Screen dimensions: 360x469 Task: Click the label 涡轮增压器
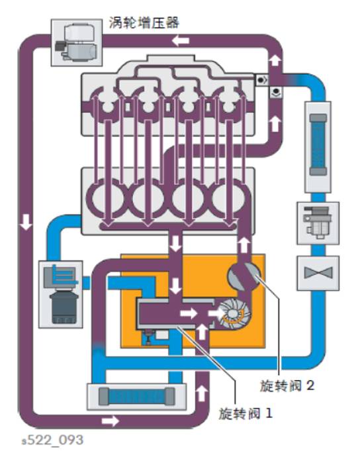pos(144,23)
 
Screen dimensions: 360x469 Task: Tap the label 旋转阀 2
pos(287,386)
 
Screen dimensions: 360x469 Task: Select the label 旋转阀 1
pos(246,413)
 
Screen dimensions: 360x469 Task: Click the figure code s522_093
pos(52,440)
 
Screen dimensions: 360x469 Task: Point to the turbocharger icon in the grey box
pos(77,43)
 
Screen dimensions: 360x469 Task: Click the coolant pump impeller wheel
pos(234,313)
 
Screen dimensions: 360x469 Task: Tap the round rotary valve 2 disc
pos(244,276)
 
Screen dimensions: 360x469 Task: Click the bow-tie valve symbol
pos(318,273)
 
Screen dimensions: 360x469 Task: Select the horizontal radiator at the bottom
pos(136,396)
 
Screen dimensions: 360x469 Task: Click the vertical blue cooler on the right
pos(318,144)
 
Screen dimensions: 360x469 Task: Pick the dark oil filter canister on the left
pos(64,308)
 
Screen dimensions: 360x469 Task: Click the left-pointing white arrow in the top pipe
pos(181,40)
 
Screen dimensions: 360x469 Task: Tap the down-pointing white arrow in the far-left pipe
pos(26,222)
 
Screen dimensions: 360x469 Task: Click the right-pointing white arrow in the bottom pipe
pos(111,421)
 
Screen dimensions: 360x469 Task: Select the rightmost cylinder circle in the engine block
pos(228,197)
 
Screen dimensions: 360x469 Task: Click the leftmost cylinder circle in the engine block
pos(107,197)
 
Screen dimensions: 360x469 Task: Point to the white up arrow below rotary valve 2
pos(244,245)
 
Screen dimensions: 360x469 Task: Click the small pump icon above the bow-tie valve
pos(317,223)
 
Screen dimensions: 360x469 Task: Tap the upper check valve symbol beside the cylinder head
pos(262,80)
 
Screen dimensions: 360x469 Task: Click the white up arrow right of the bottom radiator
pos(202,394)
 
